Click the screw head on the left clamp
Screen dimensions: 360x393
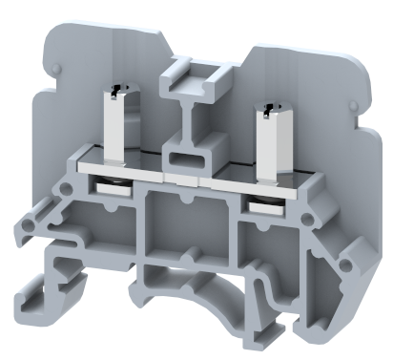coord(115,91)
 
